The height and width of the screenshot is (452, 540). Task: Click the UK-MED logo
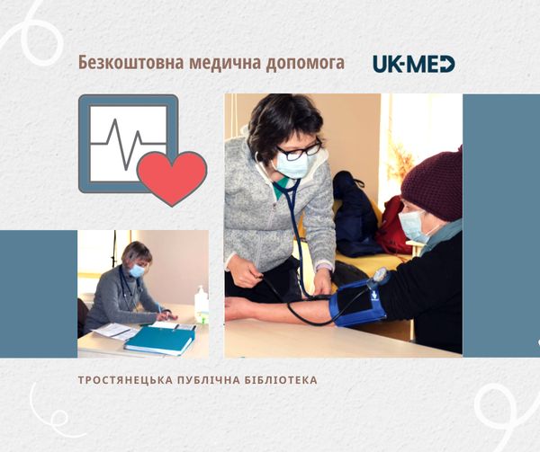coord(414,64)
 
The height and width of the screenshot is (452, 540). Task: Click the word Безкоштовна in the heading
coord(130,63)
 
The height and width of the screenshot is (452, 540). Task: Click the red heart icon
coord(172,178)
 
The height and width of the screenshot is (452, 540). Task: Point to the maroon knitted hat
coord(433,186)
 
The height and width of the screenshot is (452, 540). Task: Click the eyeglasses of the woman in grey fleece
coord(301,151)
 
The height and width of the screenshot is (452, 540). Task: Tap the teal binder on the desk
coord(160,341)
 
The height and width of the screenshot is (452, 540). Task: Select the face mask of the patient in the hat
coord(412,226)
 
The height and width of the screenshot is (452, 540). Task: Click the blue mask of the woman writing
coord(137,270)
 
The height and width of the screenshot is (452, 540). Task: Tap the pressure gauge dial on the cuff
coord(380,275)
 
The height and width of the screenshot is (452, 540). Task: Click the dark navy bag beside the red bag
coord(355,215)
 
